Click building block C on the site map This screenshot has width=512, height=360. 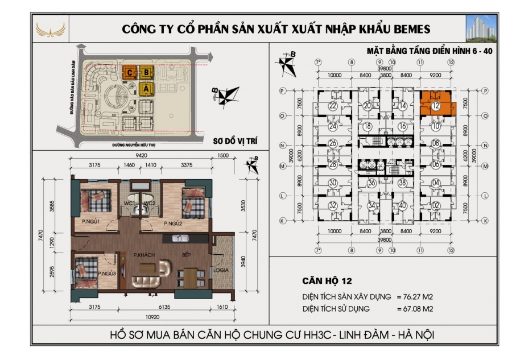point(131,72)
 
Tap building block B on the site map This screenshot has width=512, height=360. point(146,72)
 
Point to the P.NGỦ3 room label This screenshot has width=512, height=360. point(108,274)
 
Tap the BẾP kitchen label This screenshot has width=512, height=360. point(186,255)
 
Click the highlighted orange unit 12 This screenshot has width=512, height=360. point(435,106)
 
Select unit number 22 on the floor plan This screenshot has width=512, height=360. point(333,106)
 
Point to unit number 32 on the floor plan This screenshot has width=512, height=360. point(333,206)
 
